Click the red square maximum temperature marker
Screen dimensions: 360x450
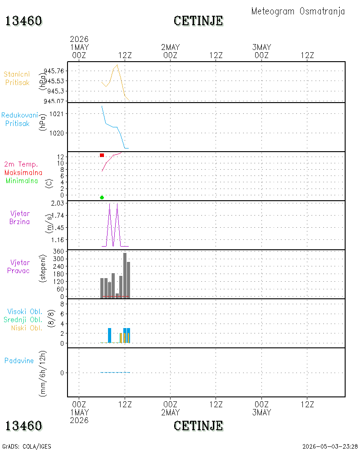(x=102, y=155)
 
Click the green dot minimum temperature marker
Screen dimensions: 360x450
(x=102, y=198)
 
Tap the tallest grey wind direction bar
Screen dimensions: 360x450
(x=125, y=275)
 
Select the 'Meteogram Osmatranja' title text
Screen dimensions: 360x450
(x=298, y=11)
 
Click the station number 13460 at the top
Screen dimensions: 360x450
(x=23, y=21)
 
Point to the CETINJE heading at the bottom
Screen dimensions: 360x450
(x=198, y=426)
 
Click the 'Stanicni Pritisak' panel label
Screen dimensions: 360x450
(x=17, y=78)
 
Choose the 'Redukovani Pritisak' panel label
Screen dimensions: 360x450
(x=19, y=119)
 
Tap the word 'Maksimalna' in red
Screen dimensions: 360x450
(x=23, y=173)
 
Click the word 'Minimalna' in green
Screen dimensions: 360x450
(x=22, y=181)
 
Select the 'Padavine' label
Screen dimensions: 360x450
(x=19, y=361)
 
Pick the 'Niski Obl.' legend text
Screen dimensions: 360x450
(x=27, y=328)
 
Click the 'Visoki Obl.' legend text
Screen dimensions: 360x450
(x=25, y=312)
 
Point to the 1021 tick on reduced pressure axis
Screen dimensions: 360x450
(x=56, y=114)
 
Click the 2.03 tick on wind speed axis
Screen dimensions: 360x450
(x=58, y=203)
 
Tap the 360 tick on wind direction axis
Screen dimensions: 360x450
(x=58, y=252)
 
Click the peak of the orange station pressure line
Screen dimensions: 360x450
(x=117, y=65)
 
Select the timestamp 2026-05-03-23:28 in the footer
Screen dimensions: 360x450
(x=330, y=446)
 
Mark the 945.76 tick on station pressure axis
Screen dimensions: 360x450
(x=54, y=71)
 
